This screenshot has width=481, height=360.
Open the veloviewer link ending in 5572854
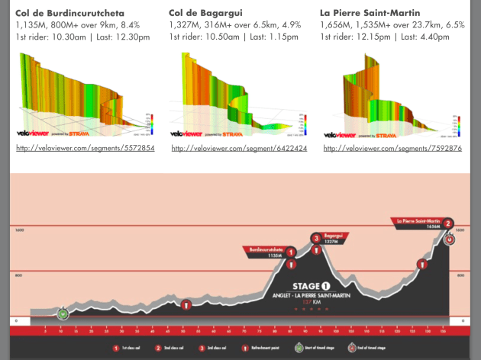(x=85, y=148)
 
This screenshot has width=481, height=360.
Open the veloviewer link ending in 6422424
(x=239, y=148)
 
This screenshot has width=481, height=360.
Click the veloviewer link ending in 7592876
(x=392, y=148)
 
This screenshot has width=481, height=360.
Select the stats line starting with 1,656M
(x=392, y=25)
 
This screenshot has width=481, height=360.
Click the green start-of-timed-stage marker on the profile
(x=63, y=313)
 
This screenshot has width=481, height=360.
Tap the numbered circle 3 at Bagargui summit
(x=315, y=239)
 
